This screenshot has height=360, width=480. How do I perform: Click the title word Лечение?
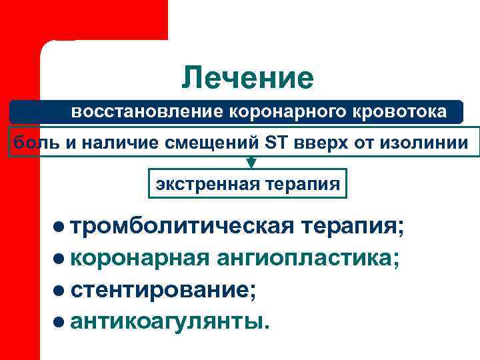tap(247, 78)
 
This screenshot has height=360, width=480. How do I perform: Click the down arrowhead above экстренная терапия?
tap(251, 162)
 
